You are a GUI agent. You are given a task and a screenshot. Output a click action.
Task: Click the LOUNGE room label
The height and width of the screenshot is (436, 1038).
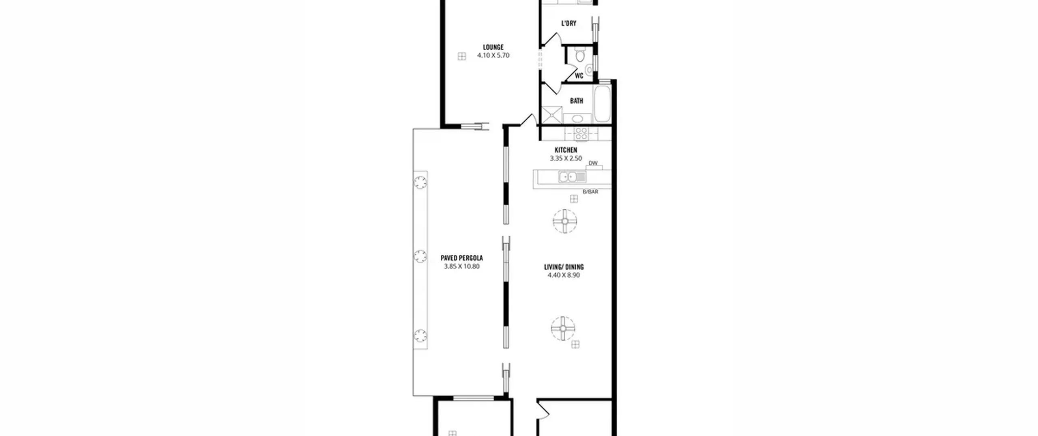tap(493, 47)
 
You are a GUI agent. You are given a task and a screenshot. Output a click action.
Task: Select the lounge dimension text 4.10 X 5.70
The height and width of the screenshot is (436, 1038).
tap(493, 56)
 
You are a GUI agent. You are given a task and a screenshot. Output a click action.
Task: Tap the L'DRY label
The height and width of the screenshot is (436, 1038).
tap(568, 24)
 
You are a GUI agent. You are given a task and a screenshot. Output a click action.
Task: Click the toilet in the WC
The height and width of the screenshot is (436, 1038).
tap(580, 54)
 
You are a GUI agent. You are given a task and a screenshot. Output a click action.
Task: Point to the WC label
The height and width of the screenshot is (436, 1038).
tap(579, 76)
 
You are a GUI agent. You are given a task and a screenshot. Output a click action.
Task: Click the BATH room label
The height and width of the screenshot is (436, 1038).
tap(577, 101)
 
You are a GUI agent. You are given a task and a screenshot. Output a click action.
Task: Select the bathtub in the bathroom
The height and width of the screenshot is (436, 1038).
tap(602, 104)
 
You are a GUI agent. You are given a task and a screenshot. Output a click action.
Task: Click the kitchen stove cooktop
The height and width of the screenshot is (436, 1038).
tap(581, 133)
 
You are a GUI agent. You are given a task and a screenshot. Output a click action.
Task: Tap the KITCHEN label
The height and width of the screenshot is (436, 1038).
tap(566, 150)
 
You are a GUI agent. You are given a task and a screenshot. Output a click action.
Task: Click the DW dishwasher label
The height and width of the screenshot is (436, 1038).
tap(593, 163)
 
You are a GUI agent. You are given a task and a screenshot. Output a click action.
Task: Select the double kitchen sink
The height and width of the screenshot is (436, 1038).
tap(572, 177)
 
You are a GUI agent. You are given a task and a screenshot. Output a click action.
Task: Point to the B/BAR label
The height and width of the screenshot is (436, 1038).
tap(590, 191)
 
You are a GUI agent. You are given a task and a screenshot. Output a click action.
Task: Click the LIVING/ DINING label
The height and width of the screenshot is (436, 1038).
tap(564, 267)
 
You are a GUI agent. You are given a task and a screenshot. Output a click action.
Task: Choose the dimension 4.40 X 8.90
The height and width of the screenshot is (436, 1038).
tap(564, 275)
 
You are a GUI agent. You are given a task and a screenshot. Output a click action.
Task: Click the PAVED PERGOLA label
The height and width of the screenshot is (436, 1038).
tap(461, 258)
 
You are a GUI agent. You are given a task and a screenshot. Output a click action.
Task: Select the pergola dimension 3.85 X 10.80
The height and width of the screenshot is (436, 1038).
tap(461, 266)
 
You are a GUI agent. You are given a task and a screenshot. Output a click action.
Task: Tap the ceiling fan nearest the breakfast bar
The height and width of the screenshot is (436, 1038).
tap(564, 221)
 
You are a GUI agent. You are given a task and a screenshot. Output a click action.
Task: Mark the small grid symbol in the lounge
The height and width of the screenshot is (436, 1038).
tap(461, 56)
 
